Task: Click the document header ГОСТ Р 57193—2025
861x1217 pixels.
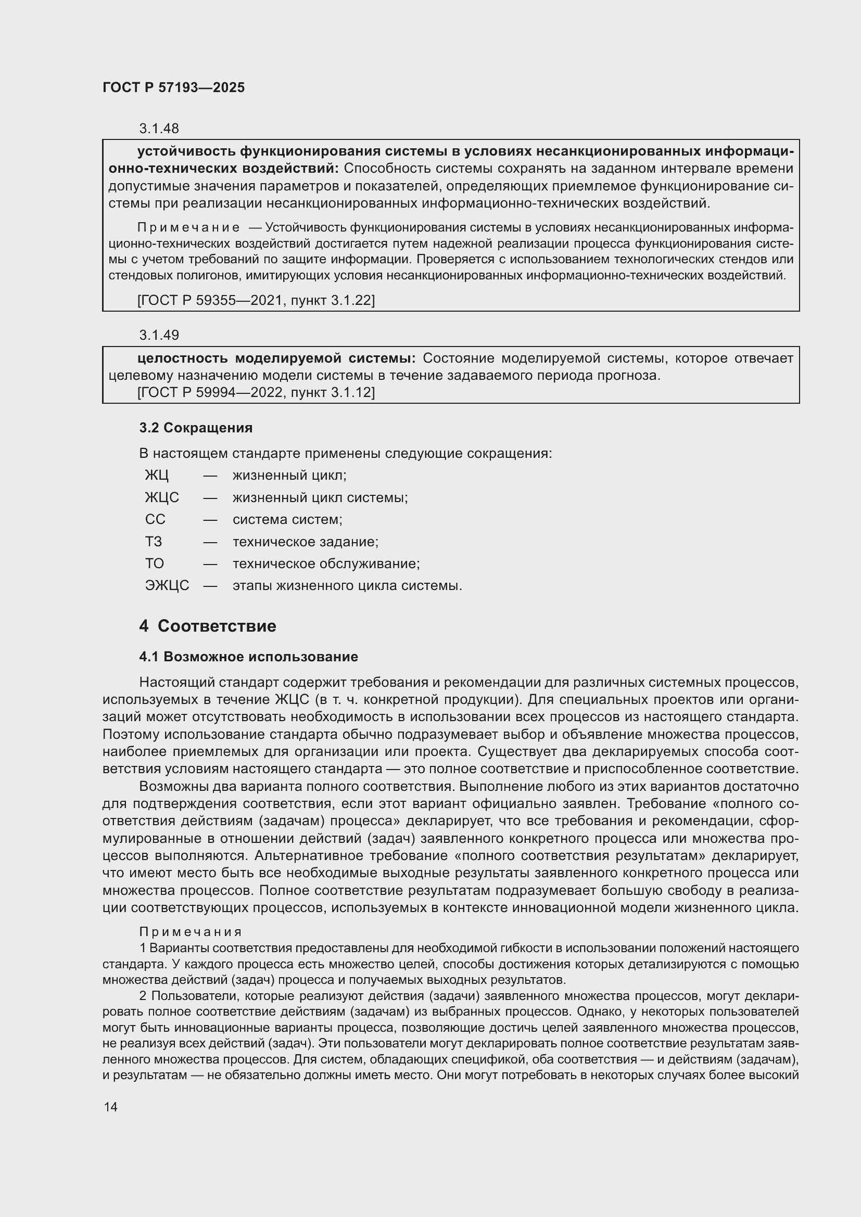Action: point(173,88)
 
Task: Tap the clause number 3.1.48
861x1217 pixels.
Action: point(159,129)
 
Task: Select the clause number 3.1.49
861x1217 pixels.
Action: point(159,335)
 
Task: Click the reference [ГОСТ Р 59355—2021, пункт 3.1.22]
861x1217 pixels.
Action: point(256,301)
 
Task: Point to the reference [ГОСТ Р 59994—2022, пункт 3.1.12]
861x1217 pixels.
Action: point(256,393)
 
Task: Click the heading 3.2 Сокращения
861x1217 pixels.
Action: point(196,428)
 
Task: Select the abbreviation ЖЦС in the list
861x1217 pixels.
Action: point(162,498)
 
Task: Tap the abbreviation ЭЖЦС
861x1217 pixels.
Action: point(167,586)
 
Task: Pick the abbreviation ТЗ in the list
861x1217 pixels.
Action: point(153,542)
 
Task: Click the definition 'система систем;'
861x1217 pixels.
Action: point(287,519)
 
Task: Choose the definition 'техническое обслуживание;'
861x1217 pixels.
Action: point(326,563)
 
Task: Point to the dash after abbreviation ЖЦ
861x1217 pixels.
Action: point(210,476)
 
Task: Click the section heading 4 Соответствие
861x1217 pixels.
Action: point(207,626)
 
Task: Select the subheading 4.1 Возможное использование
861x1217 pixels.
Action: point(248,657)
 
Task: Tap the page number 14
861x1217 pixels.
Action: point(110,1107)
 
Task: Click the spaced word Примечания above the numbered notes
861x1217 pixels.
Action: point(191,932)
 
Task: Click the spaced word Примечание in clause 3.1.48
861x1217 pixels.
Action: point(188,228)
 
